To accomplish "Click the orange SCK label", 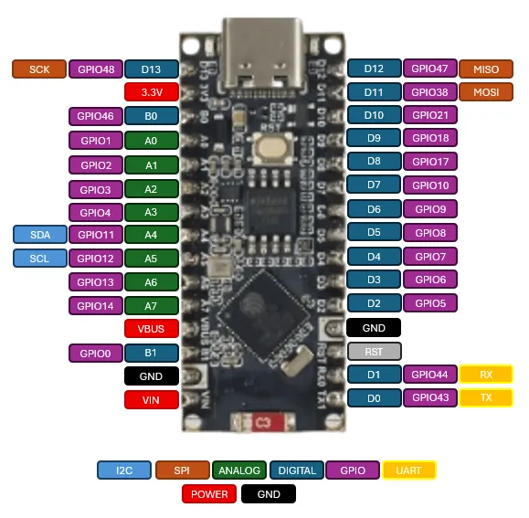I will (x=39, y=69).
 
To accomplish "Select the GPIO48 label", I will (x=96, y=69).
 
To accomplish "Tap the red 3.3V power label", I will (x=151, y=92).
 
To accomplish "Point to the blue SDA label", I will (x=40, y=235).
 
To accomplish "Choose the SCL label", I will (x=40, y=259).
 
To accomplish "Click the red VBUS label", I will (x=151, y=329).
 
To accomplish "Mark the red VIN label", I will (x=151, y=399).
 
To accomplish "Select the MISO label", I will (x=486, y=69).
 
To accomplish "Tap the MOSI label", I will (x=486, y=92).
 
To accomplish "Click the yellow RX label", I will (x=486, y=375).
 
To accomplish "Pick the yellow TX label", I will (x=486, y=398).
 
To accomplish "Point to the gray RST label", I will (x=375, y=352).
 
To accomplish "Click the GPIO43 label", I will (x=430, y=398).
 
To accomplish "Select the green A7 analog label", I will (x=151, y=305).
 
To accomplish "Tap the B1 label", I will (x=151, y=353).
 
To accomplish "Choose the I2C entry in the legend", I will (x=123, y=470).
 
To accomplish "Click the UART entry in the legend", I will (x=409, y=470).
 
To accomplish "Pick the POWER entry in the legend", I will (x=209, y=494).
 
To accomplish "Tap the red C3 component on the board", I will (x=261, y=422).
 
